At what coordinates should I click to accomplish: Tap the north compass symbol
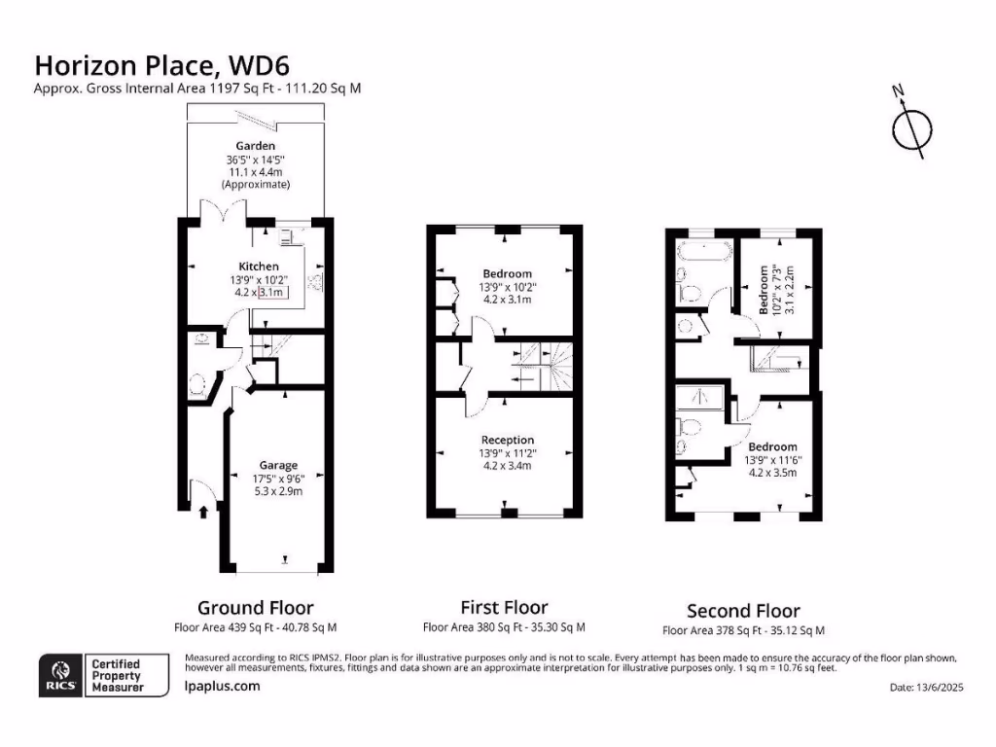[911, 128]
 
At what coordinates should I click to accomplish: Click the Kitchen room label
[259, 267]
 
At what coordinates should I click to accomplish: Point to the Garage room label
[278, 465]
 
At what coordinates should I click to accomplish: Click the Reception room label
[508, 441]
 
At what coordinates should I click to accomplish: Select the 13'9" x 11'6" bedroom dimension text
[770, 460]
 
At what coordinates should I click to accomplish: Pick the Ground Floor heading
[256, 608]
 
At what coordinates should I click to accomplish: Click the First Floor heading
[504, 608]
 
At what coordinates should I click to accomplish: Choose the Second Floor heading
[743, 611]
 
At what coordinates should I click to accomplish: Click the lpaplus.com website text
[222, 686]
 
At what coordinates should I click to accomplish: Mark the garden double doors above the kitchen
[220, 213]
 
